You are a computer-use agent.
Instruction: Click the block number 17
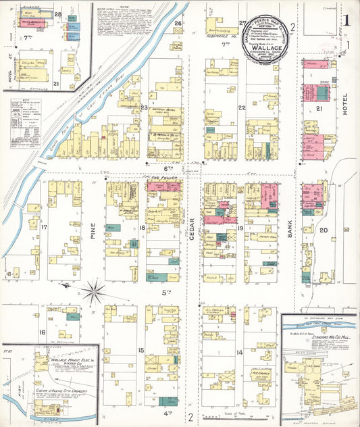(x=45, y=228)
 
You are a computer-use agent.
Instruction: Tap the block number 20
(x=324, y=230)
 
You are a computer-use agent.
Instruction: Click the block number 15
(x=141, y=349)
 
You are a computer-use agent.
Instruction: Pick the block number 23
(x=144, y=107)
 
